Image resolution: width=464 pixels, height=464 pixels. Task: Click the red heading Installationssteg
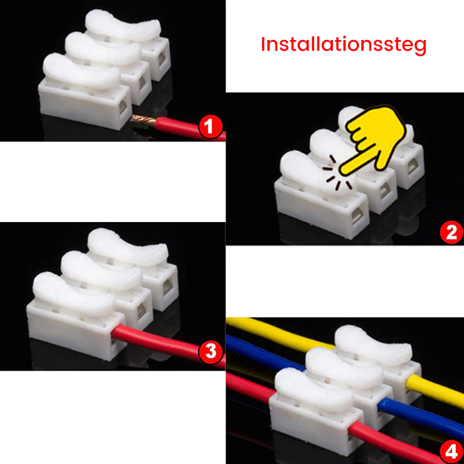(343, 45)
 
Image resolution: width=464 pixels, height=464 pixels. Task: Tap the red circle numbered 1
(211, 126)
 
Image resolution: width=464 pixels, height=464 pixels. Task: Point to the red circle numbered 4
(451, 451)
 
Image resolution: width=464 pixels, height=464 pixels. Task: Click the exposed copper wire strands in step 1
(143, 121)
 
